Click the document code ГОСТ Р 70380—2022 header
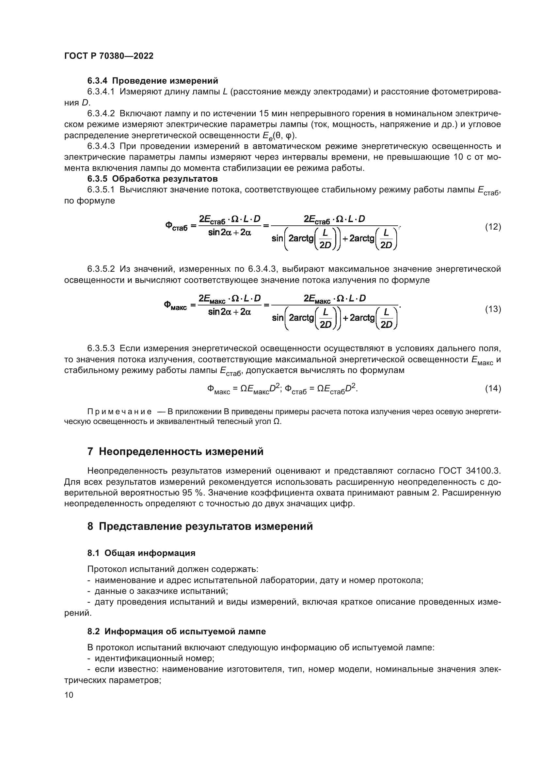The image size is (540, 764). [x=109, y=56]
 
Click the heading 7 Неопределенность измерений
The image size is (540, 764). [x=175, y=451]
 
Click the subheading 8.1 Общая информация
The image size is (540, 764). [x=141, y=553]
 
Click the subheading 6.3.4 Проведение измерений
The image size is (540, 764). [x=152, y=81]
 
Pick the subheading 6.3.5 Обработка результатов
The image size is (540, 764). [x=152, y=179]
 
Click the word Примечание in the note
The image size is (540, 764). [x=119, y=412]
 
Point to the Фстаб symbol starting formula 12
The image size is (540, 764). [x=176, y=227]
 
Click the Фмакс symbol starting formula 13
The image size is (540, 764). [x=175, y=305]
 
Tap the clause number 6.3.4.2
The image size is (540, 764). [x=101, y=113]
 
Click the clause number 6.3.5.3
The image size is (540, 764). [x=101, y=349]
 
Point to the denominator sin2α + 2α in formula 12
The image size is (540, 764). [x=230, y=233]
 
